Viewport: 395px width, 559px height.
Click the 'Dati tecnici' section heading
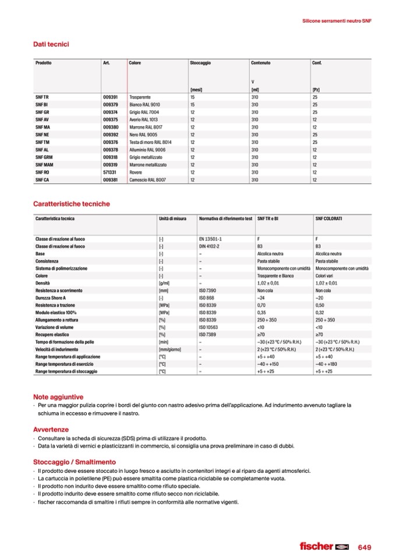coord(52,44)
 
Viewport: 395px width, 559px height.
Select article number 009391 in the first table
coord(110,96)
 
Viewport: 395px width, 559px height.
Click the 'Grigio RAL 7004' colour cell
coord(144,111)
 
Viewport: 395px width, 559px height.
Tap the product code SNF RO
coord(42,173)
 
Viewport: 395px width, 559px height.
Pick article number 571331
coord(110,173)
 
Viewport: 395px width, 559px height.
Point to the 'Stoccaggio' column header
coord(200,62)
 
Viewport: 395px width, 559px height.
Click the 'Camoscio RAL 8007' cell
coord(147,180)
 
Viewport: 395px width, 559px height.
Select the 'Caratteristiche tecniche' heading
coord(71,204)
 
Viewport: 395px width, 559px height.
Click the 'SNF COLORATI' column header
coord(329,218)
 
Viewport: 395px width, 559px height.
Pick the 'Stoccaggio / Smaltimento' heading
coord(74,462)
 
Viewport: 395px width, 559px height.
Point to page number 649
coord(364,547)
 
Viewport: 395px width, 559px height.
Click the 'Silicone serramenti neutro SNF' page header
coord(337,20)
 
